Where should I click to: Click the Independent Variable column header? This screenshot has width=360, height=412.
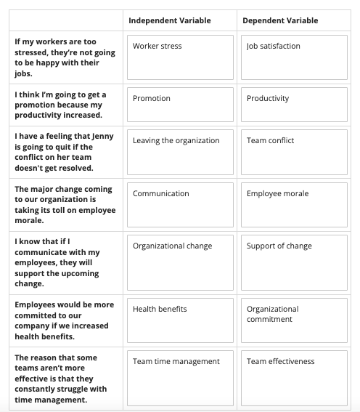tap(169, 20)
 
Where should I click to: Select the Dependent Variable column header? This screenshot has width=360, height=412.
tap(282, 20)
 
